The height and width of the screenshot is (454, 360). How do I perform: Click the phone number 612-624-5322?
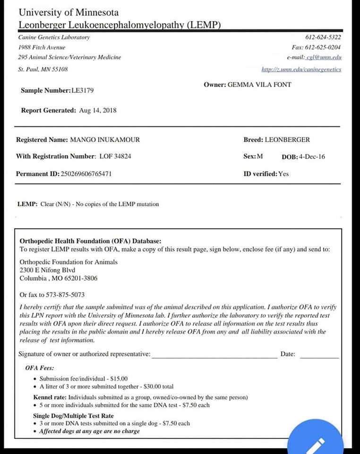point(323,37)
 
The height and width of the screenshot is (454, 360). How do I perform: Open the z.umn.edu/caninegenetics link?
point(301,70)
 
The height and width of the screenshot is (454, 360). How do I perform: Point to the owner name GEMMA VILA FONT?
point(259,85)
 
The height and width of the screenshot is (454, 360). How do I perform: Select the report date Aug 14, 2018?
point(98,111)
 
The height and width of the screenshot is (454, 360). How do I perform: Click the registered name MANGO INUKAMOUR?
point(105,140)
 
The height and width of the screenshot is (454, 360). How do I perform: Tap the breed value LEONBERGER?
point(287,140)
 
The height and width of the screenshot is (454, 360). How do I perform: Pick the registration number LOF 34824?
point(115,157)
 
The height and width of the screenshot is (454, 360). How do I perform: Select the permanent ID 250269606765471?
point(86,174)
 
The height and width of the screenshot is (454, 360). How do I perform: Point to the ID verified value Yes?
point(283,174)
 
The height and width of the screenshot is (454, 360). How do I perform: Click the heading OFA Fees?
point(39,368)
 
